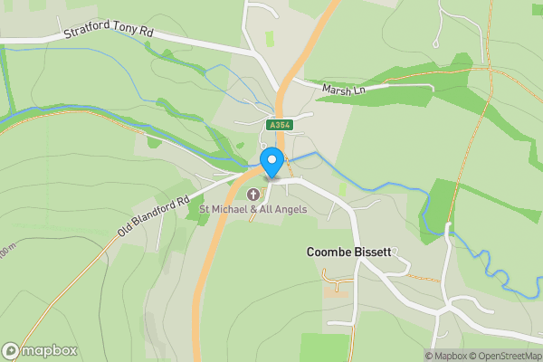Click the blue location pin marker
pyautogui.click(x=271, y=163)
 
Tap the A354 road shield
pyautogui.click(x=278, y=125)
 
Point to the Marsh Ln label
pyautogui.click(x=347, y=90)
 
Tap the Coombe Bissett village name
pyautogui.click(x=348, y=252)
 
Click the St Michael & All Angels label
pyautogui.click(x=252, y=210)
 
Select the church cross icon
pyautogui.click(x=252, y=194)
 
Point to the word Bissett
pyautogui.click(x=371, y=252)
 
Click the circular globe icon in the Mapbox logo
pyautogui.click(x=11, y=351)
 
